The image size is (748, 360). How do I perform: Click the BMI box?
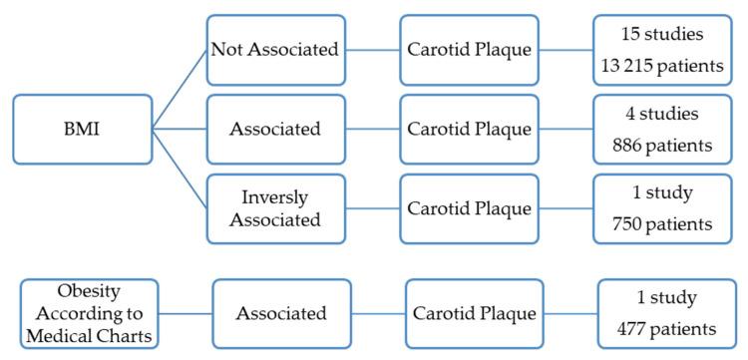pos(83,129)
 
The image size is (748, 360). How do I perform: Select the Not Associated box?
pos(275,48)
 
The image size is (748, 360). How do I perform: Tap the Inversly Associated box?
pos(275,208)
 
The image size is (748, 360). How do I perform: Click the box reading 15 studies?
pos(662,48)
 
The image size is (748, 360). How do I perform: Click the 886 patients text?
pos(662,146)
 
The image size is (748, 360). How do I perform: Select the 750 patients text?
pos(662,225)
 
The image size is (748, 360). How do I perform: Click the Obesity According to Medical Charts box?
pos(89,312)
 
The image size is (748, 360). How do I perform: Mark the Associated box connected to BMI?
pos(275,129)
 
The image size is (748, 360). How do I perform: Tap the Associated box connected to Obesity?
pos(281,312)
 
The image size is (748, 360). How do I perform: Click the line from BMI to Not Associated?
pos(180,89)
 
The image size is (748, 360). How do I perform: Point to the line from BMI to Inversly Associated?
pos(180,169)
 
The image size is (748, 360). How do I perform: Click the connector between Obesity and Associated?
pos(185,312)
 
